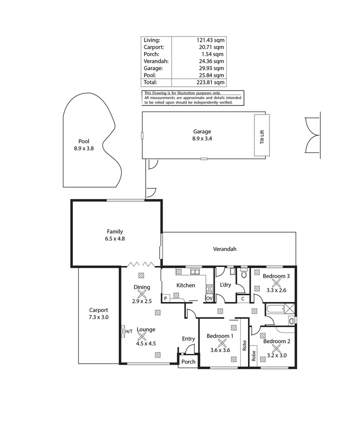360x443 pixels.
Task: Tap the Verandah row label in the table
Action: [x=156, y=61]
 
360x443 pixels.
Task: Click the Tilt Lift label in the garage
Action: [x=262, y=136]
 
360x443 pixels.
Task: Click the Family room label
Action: [x=115, y=232]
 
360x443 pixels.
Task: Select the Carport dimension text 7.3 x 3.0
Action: [x=99, y=317]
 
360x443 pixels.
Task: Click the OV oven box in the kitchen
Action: [x=209, y=298]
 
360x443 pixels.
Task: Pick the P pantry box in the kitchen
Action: [x=166, y=298]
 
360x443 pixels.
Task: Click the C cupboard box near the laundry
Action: [x=243, y=298]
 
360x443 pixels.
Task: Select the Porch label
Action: [x=188, y=362]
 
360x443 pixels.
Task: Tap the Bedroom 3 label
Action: [x=276, y=276]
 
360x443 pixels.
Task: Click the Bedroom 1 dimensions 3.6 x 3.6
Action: [x=220, y=350]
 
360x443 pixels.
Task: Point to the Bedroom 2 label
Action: [x=276, y=341]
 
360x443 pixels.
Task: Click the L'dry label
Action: [x=226, y=285]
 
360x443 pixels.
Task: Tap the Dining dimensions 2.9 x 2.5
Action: [x=142, y=301]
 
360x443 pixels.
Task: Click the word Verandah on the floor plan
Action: [x=225, y=249]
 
